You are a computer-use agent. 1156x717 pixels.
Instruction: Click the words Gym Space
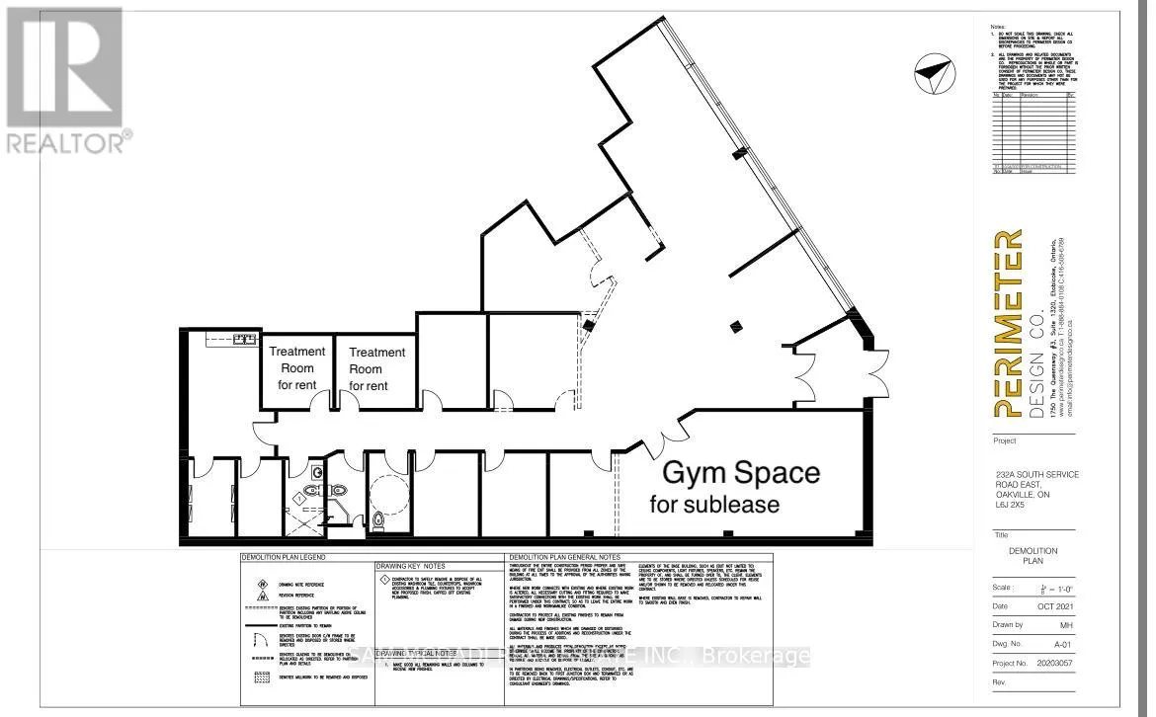740,472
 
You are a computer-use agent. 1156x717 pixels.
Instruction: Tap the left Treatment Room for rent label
296,367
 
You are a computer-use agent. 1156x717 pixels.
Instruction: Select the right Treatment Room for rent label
376,368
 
